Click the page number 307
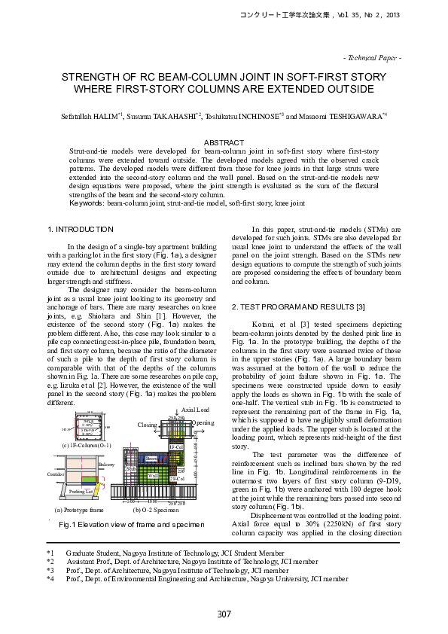(224, 614)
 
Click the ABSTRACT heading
(224, 143)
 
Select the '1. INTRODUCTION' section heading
(80, 229)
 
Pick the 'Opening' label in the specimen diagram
(203, 423)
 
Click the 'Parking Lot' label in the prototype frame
(81, 491)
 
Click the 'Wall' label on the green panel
(154, 476)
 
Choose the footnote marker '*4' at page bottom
(50, 579)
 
